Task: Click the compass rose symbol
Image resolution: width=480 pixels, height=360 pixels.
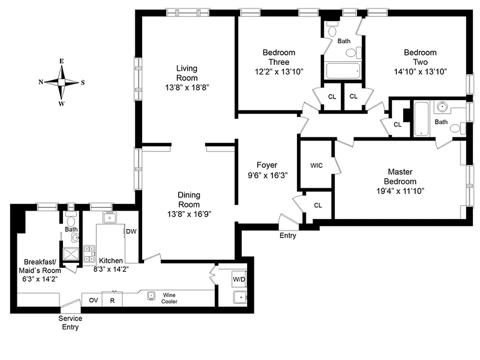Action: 62,82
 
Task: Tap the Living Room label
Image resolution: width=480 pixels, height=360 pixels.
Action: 186,73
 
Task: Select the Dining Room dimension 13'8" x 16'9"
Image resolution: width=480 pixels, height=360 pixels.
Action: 189,214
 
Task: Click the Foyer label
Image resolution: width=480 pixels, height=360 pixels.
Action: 267,165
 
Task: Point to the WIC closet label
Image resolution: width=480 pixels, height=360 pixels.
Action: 316,166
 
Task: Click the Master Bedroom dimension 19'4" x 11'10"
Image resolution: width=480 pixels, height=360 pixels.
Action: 400,191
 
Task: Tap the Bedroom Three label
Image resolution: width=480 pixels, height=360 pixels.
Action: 279,57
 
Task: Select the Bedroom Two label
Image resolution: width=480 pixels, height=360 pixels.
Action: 420,57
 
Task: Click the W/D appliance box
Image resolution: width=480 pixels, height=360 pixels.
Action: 239,279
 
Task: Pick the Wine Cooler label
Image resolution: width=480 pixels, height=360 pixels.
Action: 169,298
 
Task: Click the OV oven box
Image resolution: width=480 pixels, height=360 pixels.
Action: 93,300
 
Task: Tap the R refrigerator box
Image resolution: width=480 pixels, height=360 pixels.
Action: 112,300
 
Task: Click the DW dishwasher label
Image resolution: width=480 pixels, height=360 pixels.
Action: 131,232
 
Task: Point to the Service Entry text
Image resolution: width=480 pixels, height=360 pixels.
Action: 70,323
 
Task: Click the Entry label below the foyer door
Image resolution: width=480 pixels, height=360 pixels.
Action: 288,235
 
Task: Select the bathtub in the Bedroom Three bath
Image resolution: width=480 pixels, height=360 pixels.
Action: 342,71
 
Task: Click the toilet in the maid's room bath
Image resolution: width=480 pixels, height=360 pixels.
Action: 71,221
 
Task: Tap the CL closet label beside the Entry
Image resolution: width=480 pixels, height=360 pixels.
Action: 318,205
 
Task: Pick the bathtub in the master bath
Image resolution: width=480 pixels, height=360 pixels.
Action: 421,118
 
